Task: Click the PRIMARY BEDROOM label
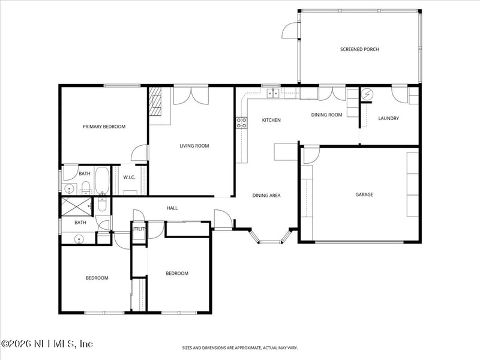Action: [104, 127]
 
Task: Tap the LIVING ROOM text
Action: [194, 146]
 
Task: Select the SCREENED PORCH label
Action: [359, 50]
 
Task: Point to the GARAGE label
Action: [364, 194]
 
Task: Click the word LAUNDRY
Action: [388, 118]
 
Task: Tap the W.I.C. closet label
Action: [129, 178]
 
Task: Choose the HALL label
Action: [172, 208]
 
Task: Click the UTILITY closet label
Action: [139, 229]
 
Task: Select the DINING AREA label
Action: [266, 196]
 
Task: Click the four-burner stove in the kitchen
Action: [242, 123]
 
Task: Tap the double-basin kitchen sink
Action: [273, 92]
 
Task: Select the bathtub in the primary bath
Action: [102, 179]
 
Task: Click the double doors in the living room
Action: [191, 96]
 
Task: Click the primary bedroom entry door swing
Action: [140, 153]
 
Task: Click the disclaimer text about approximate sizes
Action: [240, 347]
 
